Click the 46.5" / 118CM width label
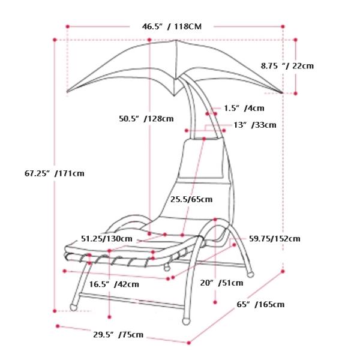171,26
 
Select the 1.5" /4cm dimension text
244,109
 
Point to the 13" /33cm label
254,125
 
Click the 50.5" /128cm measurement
146,119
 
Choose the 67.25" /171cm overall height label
54,173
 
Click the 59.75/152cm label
274,239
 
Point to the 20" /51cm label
222,283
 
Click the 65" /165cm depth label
260,304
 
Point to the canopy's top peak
176,41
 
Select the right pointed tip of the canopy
281,92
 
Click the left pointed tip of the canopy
68,92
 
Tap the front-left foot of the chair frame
74,307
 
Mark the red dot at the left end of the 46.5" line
68,26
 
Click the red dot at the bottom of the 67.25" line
55,311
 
